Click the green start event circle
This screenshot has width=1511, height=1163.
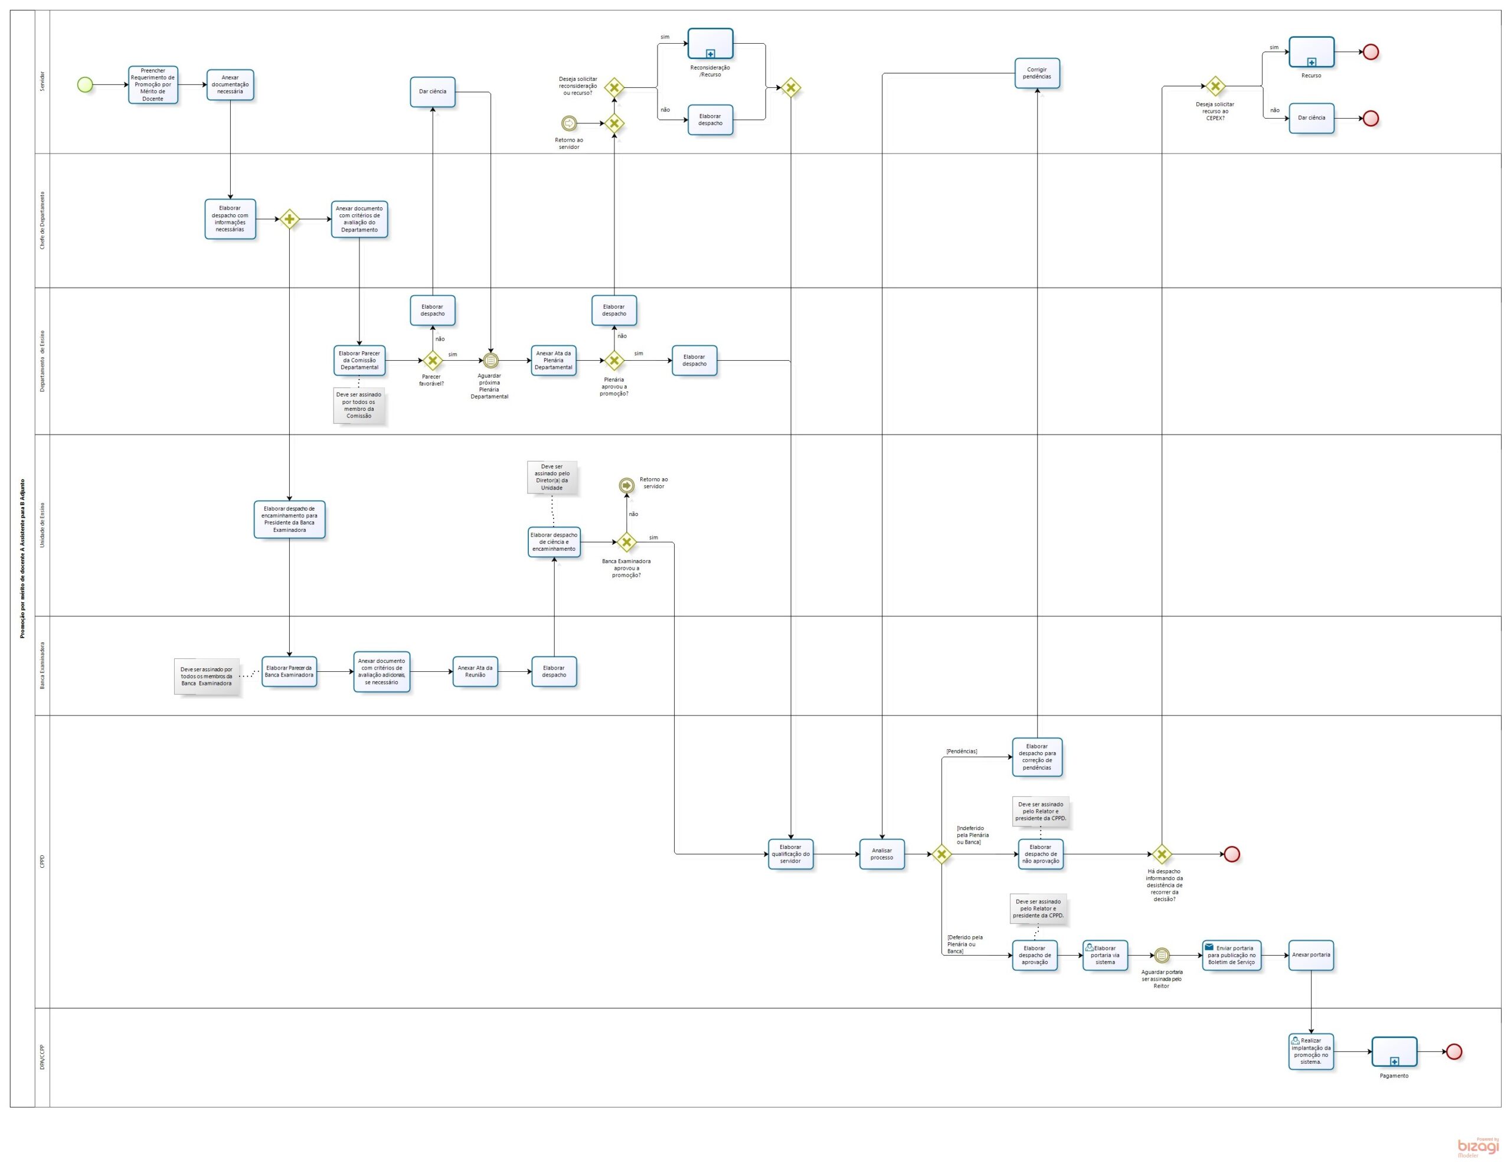point(85,84)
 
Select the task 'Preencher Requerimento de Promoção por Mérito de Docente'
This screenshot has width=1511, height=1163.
point(153,85)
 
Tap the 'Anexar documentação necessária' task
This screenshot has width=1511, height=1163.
point(230,84)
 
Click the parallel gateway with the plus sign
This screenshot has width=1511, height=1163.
point(289,219)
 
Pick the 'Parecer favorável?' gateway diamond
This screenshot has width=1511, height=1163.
point(433,361)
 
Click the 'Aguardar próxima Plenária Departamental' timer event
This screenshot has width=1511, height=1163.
point(490,361)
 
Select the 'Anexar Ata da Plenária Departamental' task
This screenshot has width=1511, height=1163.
point(554,361)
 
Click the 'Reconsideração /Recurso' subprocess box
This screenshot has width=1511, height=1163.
point(710,44)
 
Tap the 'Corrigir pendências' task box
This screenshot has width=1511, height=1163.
point(1037,73)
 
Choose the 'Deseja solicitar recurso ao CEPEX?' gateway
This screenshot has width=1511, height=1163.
point(1215,86)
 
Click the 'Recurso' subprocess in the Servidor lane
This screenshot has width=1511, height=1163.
point(1311,52)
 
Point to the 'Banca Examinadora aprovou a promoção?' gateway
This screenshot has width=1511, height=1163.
point(626,543)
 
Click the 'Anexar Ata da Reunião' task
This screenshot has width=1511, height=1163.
point(475,671)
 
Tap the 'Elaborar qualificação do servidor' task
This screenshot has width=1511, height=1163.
point(790,854)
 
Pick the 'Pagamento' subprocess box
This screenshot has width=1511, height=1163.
point(1394,1051)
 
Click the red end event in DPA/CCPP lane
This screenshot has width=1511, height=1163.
point(1454,1051)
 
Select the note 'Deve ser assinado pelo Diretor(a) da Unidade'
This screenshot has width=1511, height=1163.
point(552,478)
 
